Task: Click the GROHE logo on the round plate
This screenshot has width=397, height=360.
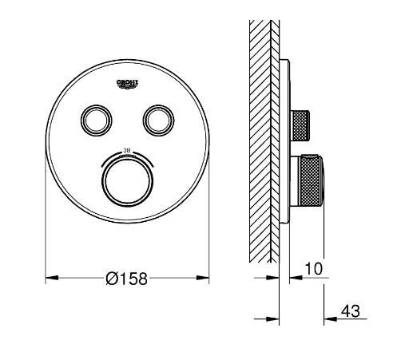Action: [128, 83]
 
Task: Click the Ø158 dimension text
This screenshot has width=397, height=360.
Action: [126, 279]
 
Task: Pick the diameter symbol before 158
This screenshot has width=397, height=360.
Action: [112, 279]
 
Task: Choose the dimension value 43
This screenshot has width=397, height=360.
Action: [349, 311]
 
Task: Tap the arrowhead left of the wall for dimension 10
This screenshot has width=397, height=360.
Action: [272, 279]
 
